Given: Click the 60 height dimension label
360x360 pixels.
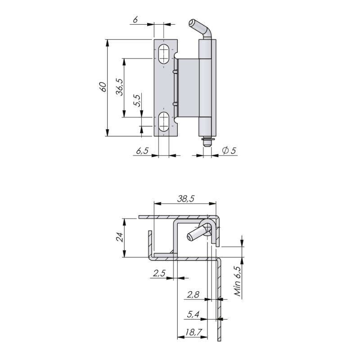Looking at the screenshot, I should pos(103,87).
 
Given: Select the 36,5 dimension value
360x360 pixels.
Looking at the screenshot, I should pos(119,86).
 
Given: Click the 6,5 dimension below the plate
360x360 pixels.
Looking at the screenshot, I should pos(142,151).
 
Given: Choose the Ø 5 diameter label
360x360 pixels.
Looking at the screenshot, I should pos(229,151).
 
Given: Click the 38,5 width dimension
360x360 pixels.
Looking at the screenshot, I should pos(185,198).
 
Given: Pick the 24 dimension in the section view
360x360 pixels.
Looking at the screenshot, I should pos(119,237).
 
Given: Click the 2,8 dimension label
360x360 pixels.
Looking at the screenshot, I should pos(193,295).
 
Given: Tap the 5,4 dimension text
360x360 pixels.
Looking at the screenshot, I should pos(193,315).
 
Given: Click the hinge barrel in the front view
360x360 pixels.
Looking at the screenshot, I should pos(206,85).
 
